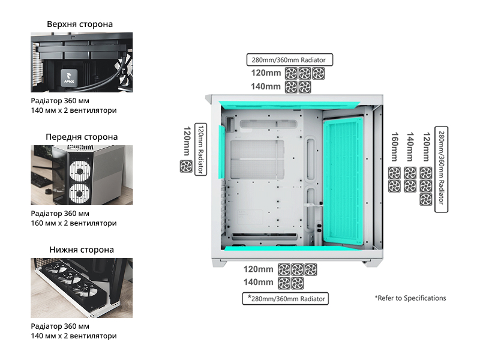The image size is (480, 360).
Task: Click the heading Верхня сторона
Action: [80, 25]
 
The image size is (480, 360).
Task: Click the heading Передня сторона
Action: [82, 137]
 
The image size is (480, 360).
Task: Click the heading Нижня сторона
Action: [82, 249]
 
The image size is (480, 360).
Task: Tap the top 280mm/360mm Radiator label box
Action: [290, 60]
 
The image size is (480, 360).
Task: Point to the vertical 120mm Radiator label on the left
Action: [201, 149]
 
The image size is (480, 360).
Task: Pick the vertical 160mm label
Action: [395, 147]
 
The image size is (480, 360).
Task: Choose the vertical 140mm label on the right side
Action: [410, 147]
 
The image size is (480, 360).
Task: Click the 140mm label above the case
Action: [266, 86]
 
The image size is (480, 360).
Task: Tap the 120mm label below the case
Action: [259, 269]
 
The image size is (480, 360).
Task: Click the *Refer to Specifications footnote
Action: [410, 298]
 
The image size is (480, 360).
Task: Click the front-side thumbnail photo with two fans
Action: [82, 175]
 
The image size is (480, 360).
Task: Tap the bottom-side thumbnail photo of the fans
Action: [82, 287]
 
